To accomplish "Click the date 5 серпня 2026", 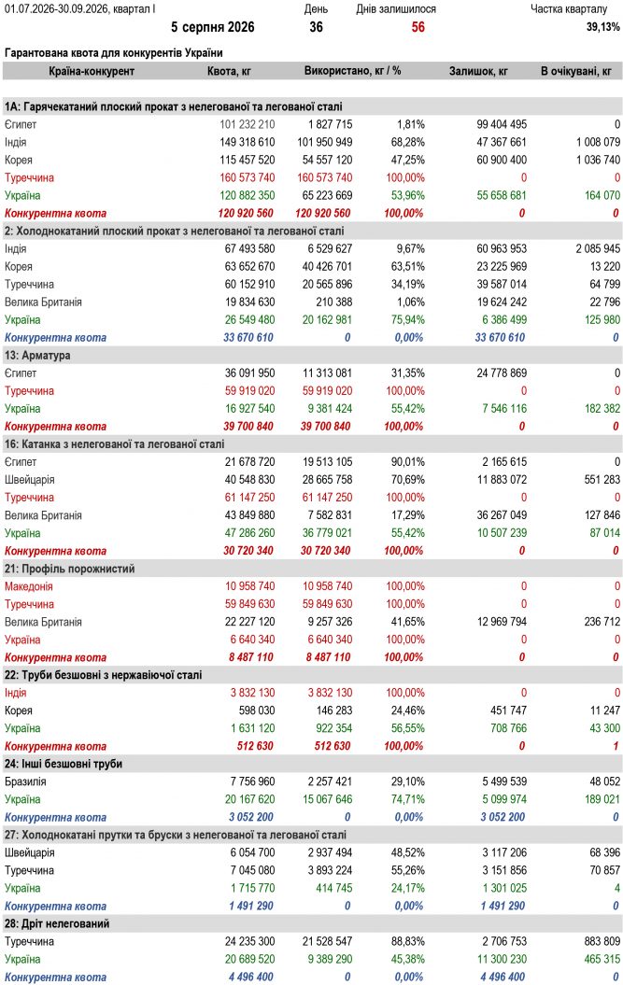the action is tap(212, 27).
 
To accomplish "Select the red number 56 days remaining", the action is tap(418, 27).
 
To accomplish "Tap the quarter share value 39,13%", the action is tap(602, 27).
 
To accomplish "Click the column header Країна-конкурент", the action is tap(92, 71).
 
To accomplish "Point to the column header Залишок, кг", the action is tap(478, 71).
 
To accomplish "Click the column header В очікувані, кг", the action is tap(576, 71).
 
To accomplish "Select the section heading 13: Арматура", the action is tap(37, 356).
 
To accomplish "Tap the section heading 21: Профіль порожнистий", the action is tap(70, 570).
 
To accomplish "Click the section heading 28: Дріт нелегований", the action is tap(57, 924).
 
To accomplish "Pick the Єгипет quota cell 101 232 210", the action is tap(248, 124).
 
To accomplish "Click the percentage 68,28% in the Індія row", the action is tap(407, 142).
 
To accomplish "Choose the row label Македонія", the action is tap(29, 586).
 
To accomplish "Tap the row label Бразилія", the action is tap(25, 782).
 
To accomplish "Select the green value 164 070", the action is tap(602, 195).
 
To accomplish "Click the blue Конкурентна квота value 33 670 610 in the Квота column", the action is tap(248, 337).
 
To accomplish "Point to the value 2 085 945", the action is tap(598, 248).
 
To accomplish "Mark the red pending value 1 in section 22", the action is tap(616, 746).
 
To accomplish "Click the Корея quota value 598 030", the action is tap(257, 711).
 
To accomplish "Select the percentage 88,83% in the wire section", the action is tap(407, 942).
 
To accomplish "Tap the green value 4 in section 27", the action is tap(616, 888).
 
